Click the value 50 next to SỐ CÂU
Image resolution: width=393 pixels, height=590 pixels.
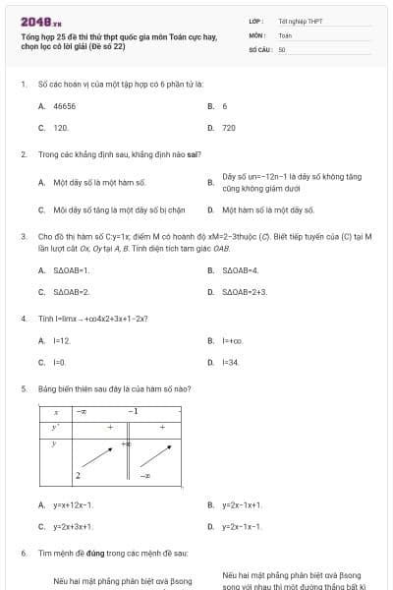point(282,48)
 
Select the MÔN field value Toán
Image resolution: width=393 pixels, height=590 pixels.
point(285,34)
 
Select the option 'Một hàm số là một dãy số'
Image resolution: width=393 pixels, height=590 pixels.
point(267,209)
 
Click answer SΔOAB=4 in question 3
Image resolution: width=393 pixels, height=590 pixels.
point(241,269)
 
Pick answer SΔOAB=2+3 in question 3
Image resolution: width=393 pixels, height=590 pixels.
point(245,292)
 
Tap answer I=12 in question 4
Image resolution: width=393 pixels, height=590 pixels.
point(62,340)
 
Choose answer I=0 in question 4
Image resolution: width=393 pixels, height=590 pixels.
point(59,363)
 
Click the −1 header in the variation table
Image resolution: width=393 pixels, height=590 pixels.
point(133,411)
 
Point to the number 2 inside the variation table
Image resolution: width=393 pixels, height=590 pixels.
point(78,475)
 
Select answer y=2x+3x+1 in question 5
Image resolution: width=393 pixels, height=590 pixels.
point(74,527)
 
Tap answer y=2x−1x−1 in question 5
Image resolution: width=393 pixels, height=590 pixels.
point(242,527)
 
